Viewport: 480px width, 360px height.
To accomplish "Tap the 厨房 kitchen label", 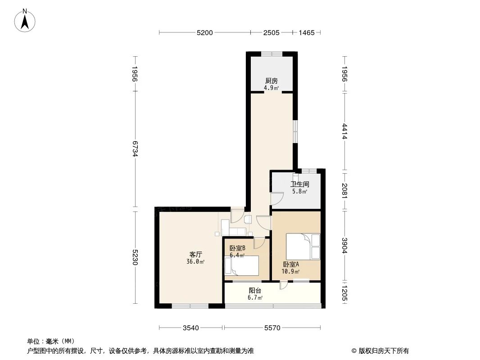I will [x=271, y=81].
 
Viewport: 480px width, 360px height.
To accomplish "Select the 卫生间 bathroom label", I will [x=299, y=184].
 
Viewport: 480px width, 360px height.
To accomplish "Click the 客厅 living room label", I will [x=195, y=254].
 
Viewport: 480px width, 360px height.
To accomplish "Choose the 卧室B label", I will [x=237, y=248].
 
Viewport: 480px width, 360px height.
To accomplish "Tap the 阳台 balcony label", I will [x=255, y=291].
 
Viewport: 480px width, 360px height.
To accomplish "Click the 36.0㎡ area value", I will [x=196, y=262].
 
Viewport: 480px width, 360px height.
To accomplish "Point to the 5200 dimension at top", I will [x=204, y=32].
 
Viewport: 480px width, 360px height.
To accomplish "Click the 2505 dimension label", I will [x=272, y=32].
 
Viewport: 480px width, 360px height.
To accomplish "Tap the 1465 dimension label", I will [x=306, y=32].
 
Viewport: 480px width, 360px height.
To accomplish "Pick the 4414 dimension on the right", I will [x=345, y=131].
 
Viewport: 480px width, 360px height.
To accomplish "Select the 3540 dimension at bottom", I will [x=190, y=328].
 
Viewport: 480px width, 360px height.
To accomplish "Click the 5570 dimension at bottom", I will [x=272, y=328].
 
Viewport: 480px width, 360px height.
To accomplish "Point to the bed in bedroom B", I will [x=242, y=265].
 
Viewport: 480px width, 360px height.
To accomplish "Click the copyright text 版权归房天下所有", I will [x=380, y=351].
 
